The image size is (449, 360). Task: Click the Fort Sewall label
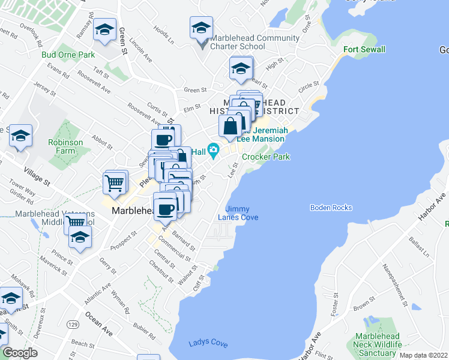coord(364,49)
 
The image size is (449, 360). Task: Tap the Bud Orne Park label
coord(68,55)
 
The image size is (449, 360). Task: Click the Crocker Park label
coord(266,157)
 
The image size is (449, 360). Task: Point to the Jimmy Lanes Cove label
coord(238,213)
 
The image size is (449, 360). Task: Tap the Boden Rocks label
coord(331,208)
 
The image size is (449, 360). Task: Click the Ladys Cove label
coord(208,344)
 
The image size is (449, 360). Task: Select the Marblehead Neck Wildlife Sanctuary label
coord(382,344)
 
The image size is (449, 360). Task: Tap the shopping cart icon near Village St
coord(115,181)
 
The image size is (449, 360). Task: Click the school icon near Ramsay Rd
coord(104,30)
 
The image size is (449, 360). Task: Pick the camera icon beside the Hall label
coord(213,149)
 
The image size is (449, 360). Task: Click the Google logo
coord(20,353)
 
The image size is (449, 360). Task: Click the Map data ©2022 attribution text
coord(423,355)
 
